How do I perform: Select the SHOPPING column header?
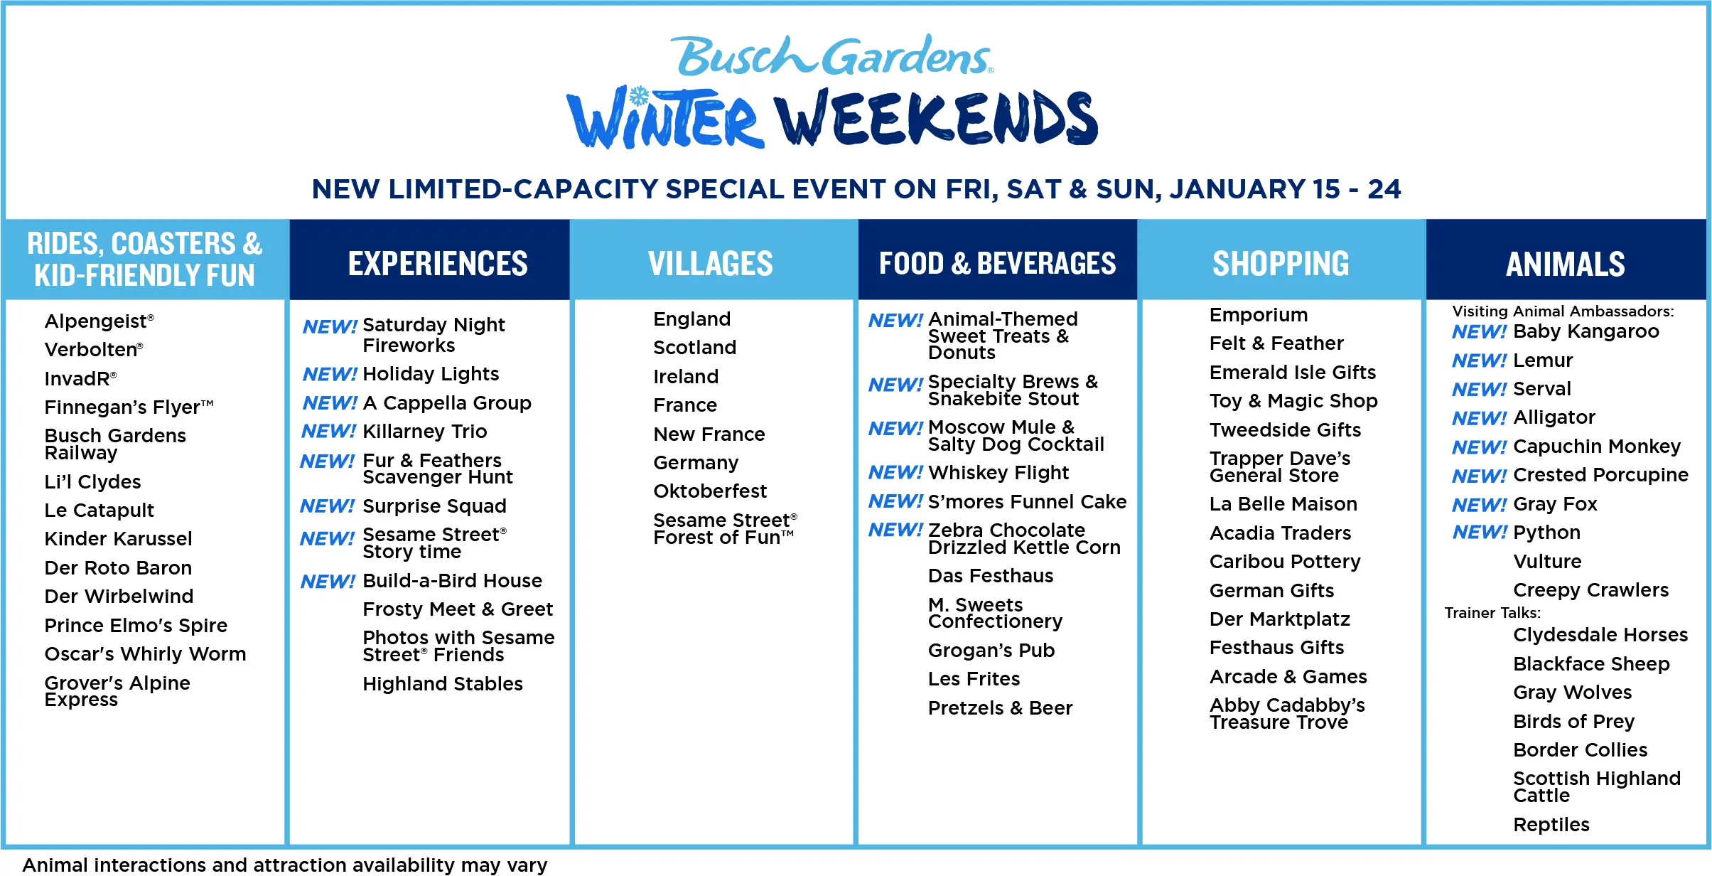pos(1281,263)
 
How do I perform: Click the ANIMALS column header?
pos(1565,264)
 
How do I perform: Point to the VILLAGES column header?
pos(711,263)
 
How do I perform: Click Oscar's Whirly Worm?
pos(145,654)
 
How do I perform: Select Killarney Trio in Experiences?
pos(424,432)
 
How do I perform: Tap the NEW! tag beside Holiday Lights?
pos(329,374)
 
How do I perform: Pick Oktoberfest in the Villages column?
pos(710,491)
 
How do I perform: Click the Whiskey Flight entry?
pos(998,473)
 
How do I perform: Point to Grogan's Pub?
pos(991,651)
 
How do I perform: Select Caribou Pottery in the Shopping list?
pos(1285,562)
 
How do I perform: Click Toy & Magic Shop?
pos(1293,401)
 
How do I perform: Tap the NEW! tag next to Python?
pos(1479,533)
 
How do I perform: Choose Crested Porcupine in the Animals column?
pos(1600,475)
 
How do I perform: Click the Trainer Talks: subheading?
pos(1492,613)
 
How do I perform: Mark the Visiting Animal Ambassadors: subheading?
pos(1563,311)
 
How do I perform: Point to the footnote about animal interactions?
pos(284,865)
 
